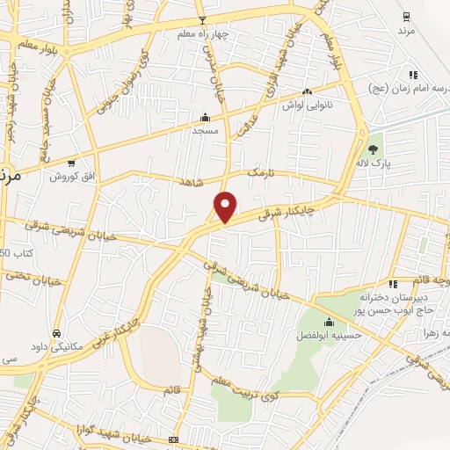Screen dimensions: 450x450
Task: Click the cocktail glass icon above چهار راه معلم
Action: click(202, 19)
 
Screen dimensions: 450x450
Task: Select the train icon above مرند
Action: click(405, 16)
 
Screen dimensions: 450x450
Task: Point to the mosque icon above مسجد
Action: click(205, 117)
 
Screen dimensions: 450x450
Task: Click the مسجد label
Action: click(205, 129)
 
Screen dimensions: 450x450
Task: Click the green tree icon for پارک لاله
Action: click(374, 149)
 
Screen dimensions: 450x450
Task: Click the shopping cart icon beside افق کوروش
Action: click(71, 163)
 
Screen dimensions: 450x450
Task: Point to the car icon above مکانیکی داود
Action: click(57, 334)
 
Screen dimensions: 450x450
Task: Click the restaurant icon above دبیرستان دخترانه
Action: click(393, 283)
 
